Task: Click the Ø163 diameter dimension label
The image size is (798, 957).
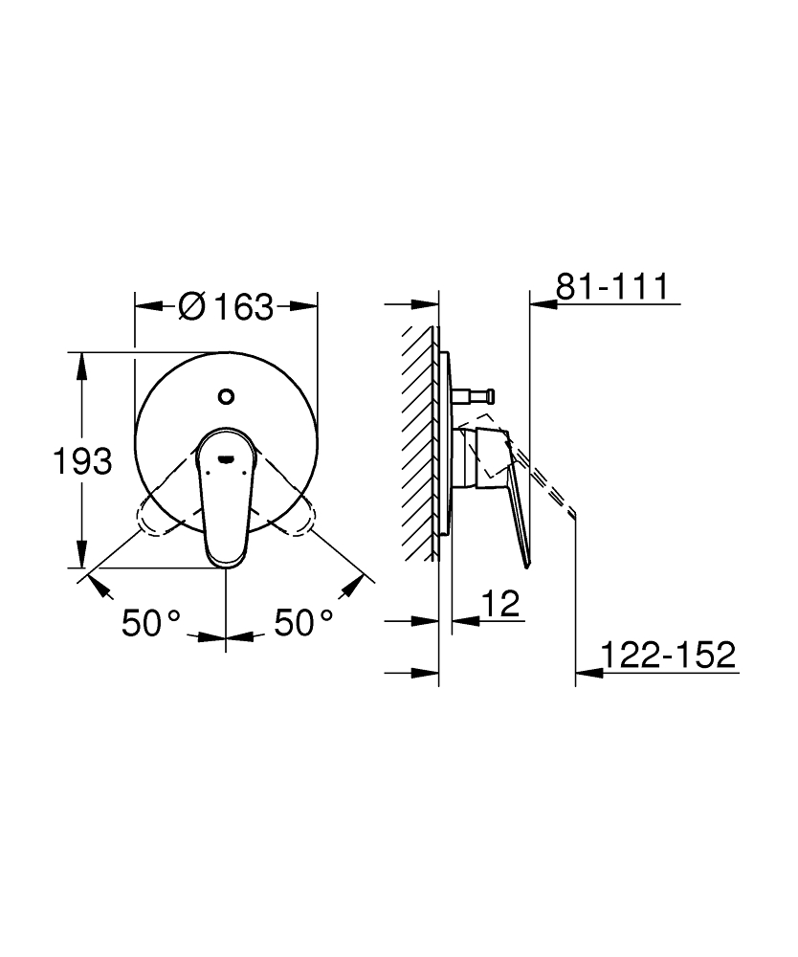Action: tap(226, 306)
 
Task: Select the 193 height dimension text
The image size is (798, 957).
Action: tap(82, 461)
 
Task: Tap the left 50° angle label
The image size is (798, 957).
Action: tap(151, 623)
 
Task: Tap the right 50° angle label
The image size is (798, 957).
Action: tap(304, 623)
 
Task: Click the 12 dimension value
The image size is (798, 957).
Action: tap(500, 604)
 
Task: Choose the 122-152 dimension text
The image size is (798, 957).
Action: tap(669, 655)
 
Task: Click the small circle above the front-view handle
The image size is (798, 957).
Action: tap(226, 396)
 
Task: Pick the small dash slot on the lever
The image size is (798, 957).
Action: tap(227, 457)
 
